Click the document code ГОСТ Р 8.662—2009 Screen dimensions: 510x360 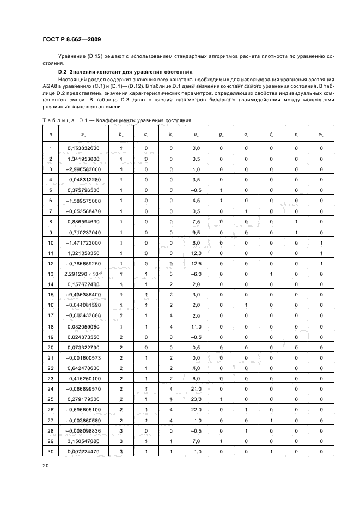71,39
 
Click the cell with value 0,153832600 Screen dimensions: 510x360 83,148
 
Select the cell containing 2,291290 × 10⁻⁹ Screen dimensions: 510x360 83,273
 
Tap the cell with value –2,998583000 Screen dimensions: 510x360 83,169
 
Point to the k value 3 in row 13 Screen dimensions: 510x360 170,273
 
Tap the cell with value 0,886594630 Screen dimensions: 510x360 83,221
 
